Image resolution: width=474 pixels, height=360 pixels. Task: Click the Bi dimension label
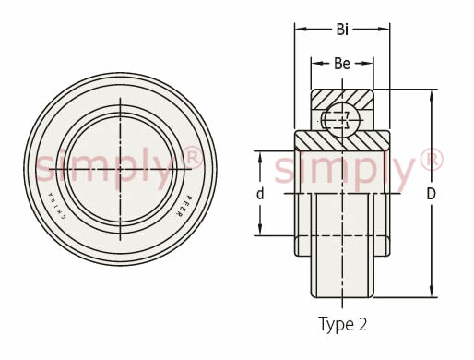click(342, 30)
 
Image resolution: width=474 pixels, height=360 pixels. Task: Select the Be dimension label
click(342, 64)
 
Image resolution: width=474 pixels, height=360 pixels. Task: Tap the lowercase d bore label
click(260, 194)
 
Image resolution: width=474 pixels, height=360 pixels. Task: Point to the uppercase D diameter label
click(432, 194)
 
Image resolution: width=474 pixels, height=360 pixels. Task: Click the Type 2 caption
click(342, 324)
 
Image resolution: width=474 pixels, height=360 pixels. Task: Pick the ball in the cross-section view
click(342, 120)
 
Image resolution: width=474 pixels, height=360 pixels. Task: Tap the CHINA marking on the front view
click(57, 206)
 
